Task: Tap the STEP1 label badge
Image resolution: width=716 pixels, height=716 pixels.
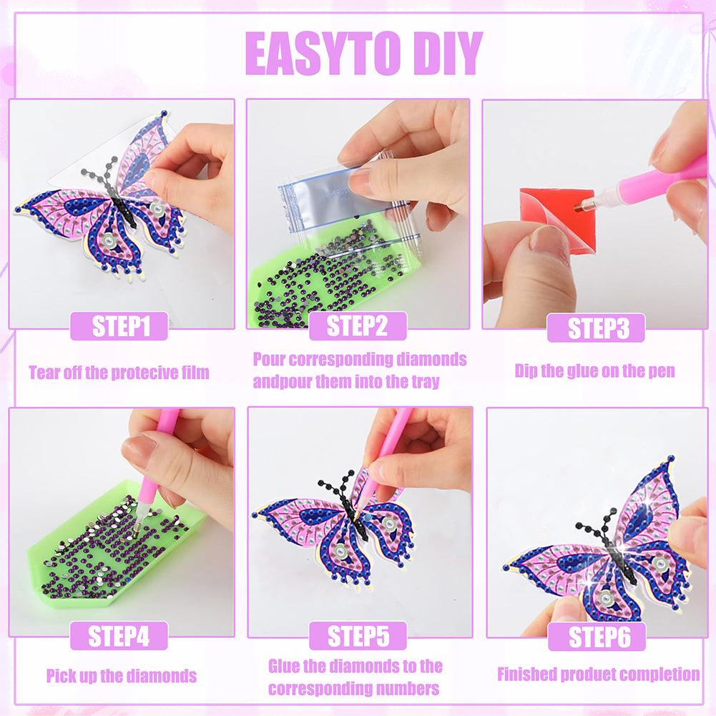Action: pyautogui.click(x=119, y=326)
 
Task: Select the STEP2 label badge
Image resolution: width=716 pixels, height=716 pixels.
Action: pyautogui.click(x=358, y=326)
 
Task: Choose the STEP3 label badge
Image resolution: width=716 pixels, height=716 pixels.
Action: pyautogui.click(x=596, y=328)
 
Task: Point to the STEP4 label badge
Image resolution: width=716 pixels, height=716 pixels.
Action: pyautogui.click(x=119, y=636)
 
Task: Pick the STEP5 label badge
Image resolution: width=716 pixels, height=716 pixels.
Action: pyautogui.click(x=358, y=636)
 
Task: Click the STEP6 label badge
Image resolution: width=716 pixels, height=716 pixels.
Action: pyautogui.click(x=597, y=637)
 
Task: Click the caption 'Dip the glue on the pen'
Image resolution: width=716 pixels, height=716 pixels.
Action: pyautogui.click(x=594, y=371)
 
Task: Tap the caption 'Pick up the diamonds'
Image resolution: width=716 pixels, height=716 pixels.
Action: pyautogui.click(x=122, y=676)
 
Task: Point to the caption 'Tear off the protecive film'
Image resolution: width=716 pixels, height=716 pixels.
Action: pyautogui.click(x=119, y=373)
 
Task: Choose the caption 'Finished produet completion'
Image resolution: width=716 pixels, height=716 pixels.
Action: pyautogui.click(x=598, y=675)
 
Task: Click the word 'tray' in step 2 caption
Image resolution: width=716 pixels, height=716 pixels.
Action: pyautogui.click(x=425, y=381)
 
